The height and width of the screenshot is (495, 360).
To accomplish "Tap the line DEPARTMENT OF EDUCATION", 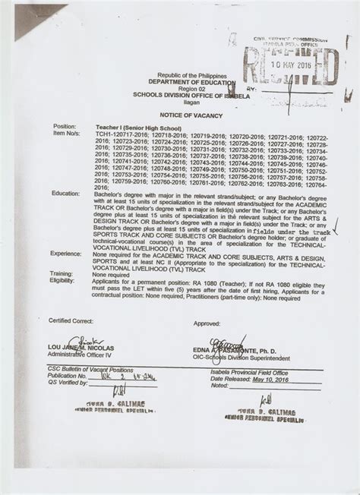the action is point(192,81).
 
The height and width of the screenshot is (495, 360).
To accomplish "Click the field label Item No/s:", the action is point(66,132).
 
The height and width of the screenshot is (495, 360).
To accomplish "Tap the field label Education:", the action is point(65,194).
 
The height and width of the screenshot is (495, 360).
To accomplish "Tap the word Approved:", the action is point(207,323).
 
